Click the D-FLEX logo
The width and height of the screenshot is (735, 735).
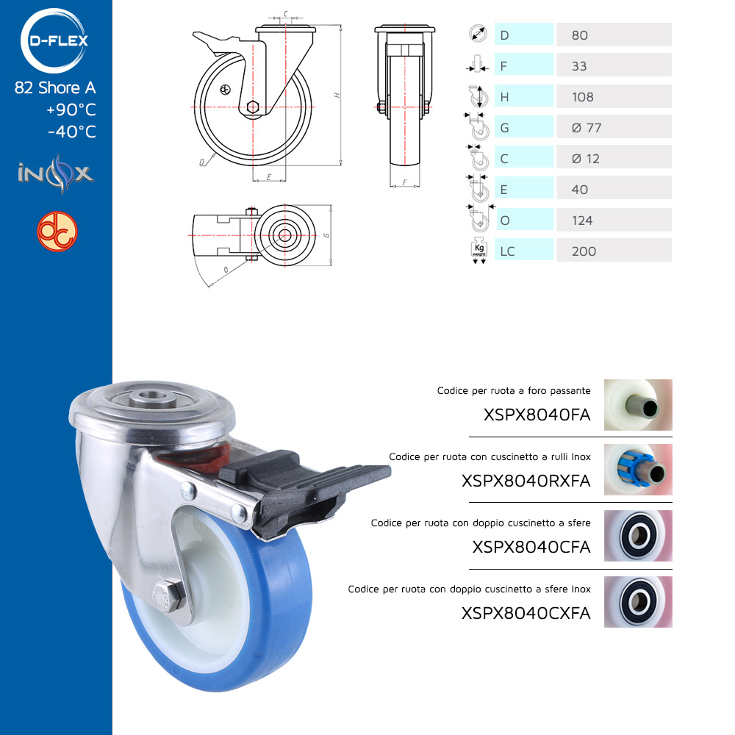(x=54, y=40)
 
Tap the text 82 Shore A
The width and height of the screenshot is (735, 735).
(x=55, y=87)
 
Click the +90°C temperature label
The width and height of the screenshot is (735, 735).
(x=71, y=110)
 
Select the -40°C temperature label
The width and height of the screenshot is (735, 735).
(x=72, y=132)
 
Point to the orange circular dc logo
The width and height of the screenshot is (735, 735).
(x=57, y=232)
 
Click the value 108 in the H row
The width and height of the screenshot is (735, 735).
(x=583, y=97)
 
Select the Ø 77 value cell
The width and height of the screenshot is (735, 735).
(x=614, y=127)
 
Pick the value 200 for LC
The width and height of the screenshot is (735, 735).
(x=584, y=251)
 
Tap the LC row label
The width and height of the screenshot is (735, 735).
(x=507, y=251)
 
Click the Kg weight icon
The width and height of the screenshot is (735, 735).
(x=479, y=251)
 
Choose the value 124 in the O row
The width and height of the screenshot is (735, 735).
(x=582, y=220)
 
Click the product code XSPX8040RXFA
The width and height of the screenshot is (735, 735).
(x=526, y=481)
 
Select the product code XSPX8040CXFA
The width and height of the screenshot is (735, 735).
(x=526, y=613)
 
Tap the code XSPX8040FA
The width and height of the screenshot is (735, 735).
(x=537, y=415)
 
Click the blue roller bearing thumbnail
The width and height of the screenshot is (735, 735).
(x=638, y=470)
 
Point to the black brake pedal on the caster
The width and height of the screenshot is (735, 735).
(x=304, y=488)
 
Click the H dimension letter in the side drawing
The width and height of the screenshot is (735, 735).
(x=337, y=95)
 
